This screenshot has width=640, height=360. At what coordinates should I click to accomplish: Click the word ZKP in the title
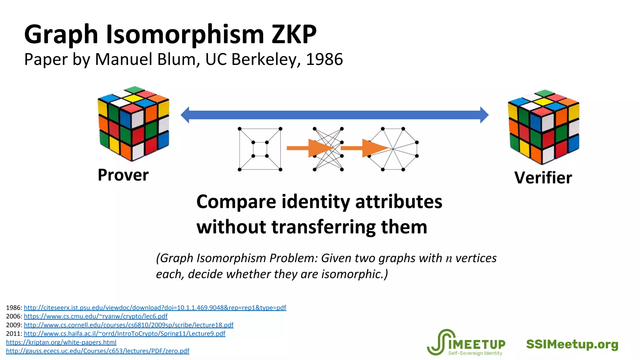click(x=294, y=34)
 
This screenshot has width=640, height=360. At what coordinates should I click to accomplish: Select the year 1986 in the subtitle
click(x=324, y=59)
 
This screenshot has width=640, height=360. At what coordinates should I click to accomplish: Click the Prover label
click(x=123, y=175)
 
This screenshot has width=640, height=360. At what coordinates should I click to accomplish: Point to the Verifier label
click(x=543, y=178)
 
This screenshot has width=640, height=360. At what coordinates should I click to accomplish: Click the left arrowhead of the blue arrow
click(x=185, y=115)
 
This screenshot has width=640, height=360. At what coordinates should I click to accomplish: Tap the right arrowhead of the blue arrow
click(x=484, y=115)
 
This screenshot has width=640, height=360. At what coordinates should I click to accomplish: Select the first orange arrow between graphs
click(x=309, y=148)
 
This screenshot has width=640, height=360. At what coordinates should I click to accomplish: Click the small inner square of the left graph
click(x=260, y=149)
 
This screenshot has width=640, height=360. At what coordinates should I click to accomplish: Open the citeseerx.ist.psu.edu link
click(x=155, y=308)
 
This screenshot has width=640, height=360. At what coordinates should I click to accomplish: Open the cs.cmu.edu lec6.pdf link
click(x=96, y=316)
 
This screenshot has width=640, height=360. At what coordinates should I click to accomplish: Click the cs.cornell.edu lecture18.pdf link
click(x=129, y=325)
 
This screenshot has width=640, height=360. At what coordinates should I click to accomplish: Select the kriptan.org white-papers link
click(x=61, y=342)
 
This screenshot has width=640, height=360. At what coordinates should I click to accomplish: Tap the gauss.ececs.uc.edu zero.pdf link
click(x=97, y=351)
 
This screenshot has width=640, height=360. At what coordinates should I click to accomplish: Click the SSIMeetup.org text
click(x=572, y=344)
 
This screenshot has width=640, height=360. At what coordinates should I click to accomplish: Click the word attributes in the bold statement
click(x=399, y=202)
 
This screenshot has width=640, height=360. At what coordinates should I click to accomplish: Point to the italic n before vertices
click(x=449, y=259)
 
